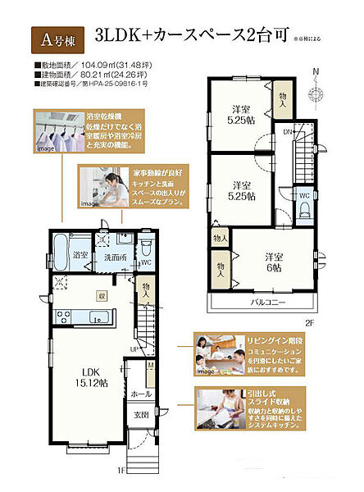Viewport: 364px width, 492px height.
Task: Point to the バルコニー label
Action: [268, 303]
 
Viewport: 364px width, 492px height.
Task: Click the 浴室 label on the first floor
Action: [80, 255]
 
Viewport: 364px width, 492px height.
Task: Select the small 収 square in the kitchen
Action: [102, 296]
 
